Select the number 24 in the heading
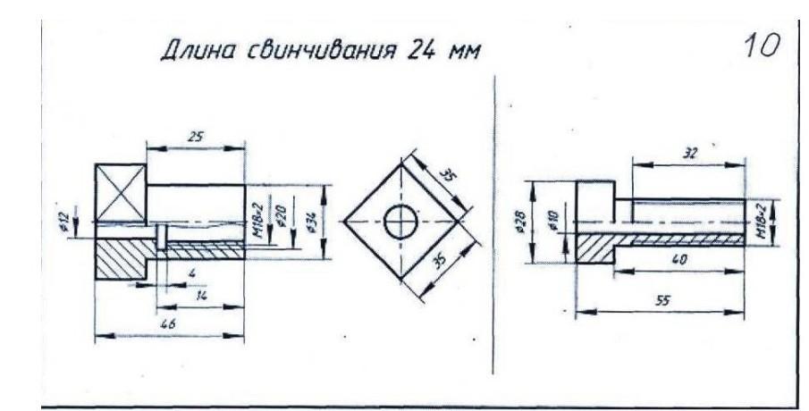422,50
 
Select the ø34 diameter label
310,220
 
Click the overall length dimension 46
168,325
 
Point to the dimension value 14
201,292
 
